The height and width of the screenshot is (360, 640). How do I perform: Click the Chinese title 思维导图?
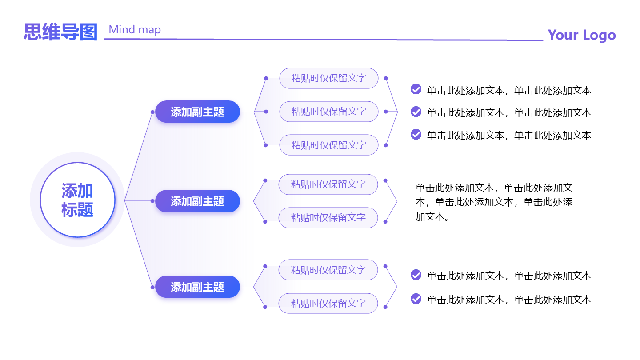pyautogui.click(x=60, y=32)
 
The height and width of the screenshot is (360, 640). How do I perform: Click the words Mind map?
pyautogui.click(x=135, y=30)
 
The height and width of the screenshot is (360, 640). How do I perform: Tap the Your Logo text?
pyautogui.click(x=581, y=35)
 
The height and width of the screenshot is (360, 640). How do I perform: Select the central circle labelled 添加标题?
pyautogui.click(x=77, y=200)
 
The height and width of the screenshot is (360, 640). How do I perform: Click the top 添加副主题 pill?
pyautogui.click(x=197, y=112)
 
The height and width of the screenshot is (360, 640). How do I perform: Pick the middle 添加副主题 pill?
pyautogui.click(x=197, y=201)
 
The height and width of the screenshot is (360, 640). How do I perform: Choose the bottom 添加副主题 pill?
pyautogui.click(x=197, y=287)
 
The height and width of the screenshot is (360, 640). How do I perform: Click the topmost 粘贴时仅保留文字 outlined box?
pyautogui.click(x=328, y=78)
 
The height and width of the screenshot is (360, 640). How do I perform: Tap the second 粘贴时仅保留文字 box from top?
pyautogui.click(x=328, y=112)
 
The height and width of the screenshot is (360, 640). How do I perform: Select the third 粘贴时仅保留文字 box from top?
pyautogui.click(x=328, y=145)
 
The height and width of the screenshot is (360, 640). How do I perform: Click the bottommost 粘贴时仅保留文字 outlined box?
pyautogui.click(x=328, y=303)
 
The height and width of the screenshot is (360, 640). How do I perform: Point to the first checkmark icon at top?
pyautogui.click(x=416, y=89)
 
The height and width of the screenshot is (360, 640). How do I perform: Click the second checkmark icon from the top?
pyautogui.click(x=416, y=112)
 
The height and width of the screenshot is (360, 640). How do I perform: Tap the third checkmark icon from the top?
pyautogui.click(x=416, y=134)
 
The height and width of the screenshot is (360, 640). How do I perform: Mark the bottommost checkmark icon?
pyautogui.click(x=416, y=299)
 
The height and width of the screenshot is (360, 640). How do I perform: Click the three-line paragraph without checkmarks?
pyautogui.click(x=494, y=202)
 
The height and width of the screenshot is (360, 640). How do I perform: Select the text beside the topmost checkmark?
pyautogui.click(x=509, y=90)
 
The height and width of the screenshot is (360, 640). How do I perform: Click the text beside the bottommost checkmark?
pyautogui.click(x=509, y=300)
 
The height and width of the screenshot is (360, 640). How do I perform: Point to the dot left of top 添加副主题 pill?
pyautogui.click(x=152, y=112)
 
